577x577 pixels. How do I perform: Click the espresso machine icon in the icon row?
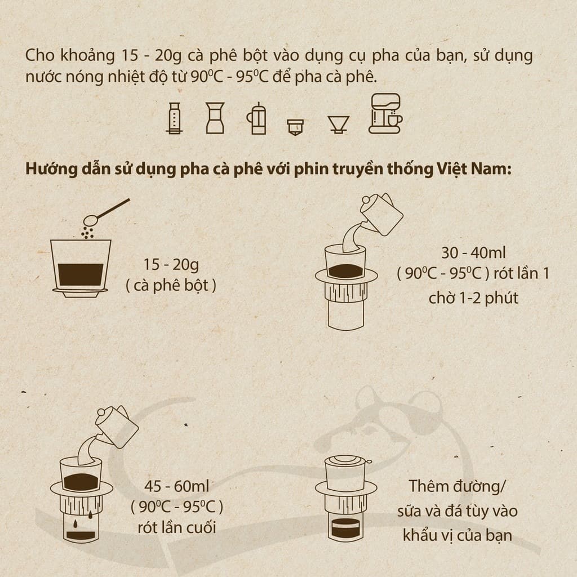(x=385, y=114)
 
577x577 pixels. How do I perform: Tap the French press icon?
(x=256, y=118)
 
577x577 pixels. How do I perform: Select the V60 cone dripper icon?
(x=339, y=124)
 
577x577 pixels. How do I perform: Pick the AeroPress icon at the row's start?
(x=174, y=118)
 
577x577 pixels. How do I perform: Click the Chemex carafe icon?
(x=215, y=118)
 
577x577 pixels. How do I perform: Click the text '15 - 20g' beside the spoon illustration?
(x=171, y=264)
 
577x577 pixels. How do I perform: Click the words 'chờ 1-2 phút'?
(x=473, y=297)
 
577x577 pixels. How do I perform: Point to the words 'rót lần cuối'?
(x=177, y=528)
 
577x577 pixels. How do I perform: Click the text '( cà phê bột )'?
(x=171, y=285)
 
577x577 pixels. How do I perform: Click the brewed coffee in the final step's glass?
(x=346, y=530)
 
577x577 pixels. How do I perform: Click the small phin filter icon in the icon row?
(x=295, y=127)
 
